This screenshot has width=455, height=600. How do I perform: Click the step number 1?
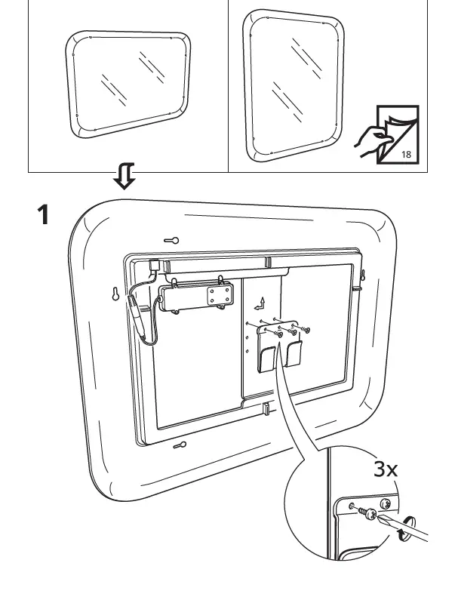pos(44,216)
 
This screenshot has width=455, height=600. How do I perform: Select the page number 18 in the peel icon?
pos(406,154)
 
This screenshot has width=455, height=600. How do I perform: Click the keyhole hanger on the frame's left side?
pos(116,294)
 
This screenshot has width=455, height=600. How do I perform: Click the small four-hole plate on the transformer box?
pos(220,296)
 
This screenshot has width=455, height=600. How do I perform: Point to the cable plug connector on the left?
pos(137,309)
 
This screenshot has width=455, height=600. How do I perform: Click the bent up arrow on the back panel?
pos(259,303)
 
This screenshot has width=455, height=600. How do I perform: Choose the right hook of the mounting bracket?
pos(294,354)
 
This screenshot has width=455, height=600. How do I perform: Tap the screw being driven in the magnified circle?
pos(369,512)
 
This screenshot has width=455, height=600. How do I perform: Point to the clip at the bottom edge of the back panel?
pos(266,409)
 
